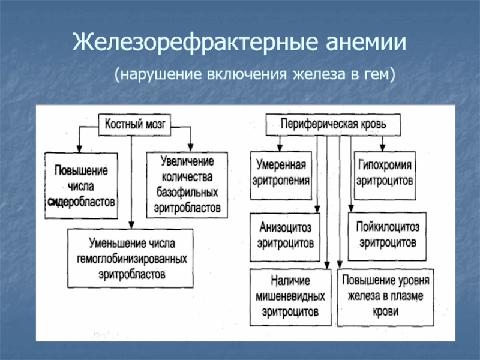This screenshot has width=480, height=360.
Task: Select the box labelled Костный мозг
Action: (135, 125)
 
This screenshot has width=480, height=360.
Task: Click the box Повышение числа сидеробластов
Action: (81, 185)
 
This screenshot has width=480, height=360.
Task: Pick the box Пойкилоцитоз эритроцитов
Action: (387, 236)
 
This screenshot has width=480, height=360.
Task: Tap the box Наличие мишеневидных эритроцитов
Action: (289, 297)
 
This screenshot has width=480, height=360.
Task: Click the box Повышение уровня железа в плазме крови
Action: (387, 297)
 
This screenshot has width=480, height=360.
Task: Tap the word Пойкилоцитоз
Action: (387, 229)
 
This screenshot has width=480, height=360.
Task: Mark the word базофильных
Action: (187, 193)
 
